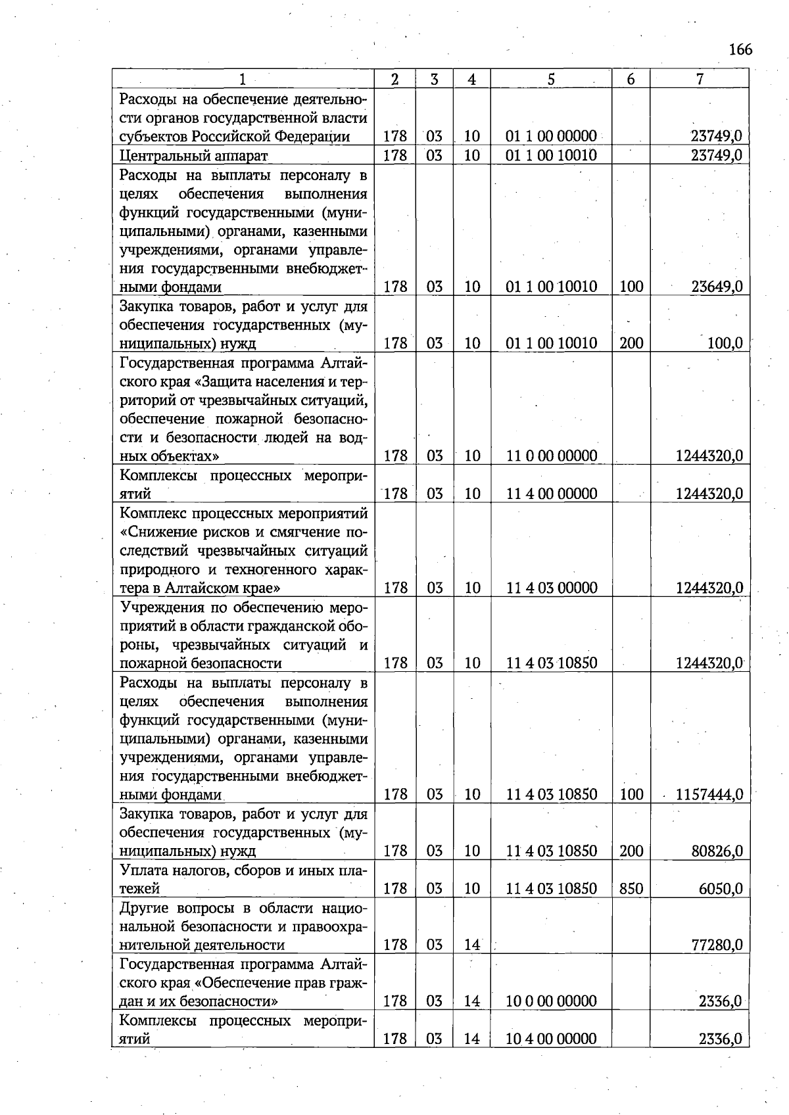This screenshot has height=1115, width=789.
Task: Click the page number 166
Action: coord(740,50)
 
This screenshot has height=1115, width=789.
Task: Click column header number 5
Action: coord(551,80)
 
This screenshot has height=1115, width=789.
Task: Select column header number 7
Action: coord(700,80)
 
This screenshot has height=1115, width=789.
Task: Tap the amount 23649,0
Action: coord(717,287)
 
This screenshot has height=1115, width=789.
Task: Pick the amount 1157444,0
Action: coord(709,794)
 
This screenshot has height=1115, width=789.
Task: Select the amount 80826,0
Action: coord(717,851)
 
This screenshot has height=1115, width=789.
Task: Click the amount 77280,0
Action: coord(717,945)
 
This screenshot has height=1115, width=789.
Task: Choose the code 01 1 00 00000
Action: coord(551,137)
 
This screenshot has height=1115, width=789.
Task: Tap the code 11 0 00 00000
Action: coord(551,456)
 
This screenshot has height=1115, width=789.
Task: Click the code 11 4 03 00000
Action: coord(551,588)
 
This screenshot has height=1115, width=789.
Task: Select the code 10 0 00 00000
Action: coord(551,1001)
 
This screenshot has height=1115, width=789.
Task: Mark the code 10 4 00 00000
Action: coord(551,1039)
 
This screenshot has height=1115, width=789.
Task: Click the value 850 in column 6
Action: coord(631,888)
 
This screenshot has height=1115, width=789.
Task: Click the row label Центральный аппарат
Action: coord(194,156)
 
